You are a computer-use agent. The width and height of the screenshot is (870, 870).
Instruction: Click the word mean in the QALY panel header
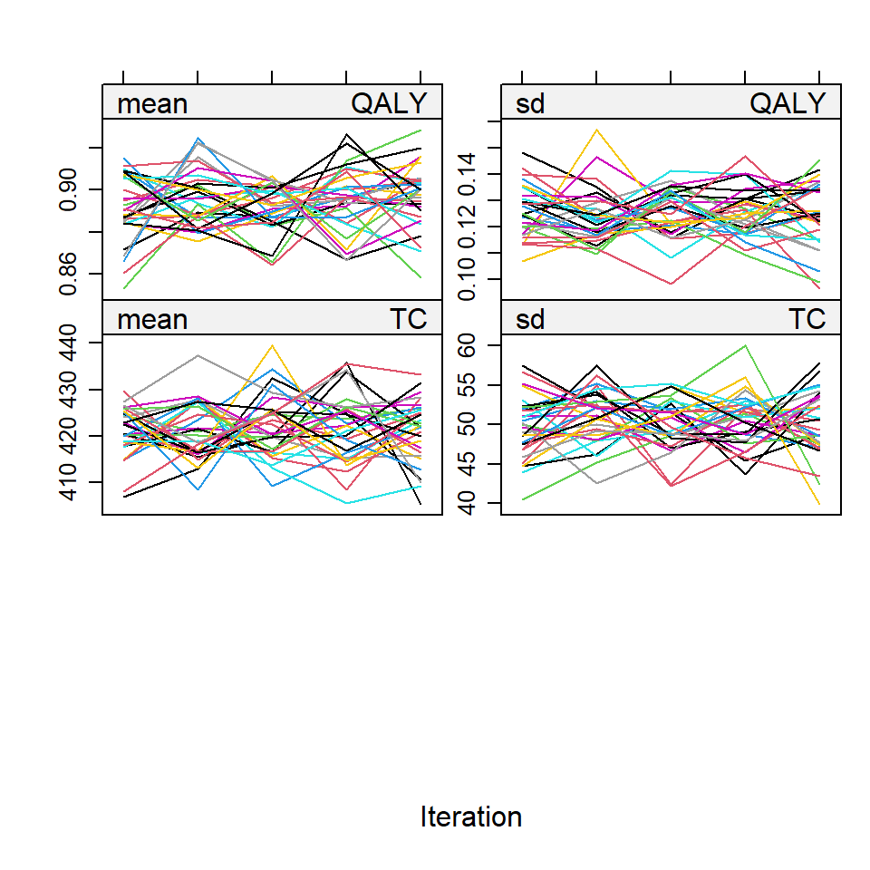coord(152,104)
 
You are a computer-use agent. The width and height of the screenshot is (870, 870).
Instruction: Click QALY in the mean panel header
coord(388,104)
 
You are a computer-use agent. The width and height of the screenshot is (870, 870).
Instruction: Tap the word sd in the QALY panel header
coord(530,104)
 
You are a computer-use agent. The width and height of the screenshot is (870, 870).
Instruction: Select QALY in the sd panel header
coord(788,104)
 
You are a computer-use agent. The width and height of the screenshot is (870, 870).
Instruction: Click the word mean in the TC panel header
coord(152,319)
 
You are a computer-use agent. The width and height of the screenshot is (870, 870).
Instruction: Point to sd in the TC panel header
coord(530,319)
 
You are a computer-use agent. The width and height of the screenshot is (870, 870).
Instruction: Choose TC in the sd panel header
coord(807,319)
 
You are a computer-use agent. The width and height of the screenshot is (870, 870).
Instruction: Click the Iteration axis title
coord(471,817)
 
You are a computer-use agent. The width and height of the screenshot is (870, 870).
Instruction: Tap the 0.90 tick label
coord(67,188)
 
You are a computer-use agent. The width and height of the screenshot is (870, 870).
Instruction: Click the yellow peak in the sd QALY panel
coord(596,130)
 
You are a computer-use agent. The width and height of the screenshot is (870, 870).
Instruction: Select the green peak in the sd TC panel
coord(745,345)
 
